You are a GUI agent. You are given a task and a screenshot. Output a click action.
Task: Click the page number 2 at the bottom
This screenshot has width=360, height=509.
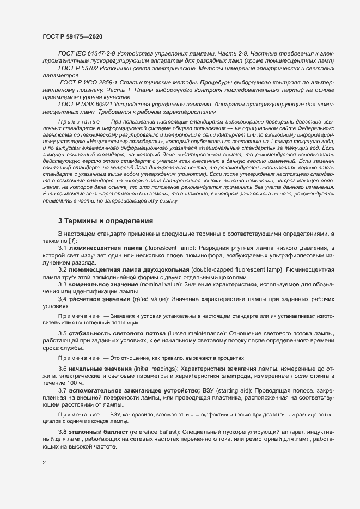(x=44, y=463)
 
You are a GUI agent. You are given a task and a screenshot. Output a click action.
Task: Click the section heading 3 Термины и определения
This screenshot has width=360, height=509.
(x=106, y=221)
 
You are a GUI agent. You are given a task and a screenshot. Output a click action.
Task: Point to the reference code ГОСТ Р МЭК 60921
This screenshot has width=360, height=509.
(x=86, y=103)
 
